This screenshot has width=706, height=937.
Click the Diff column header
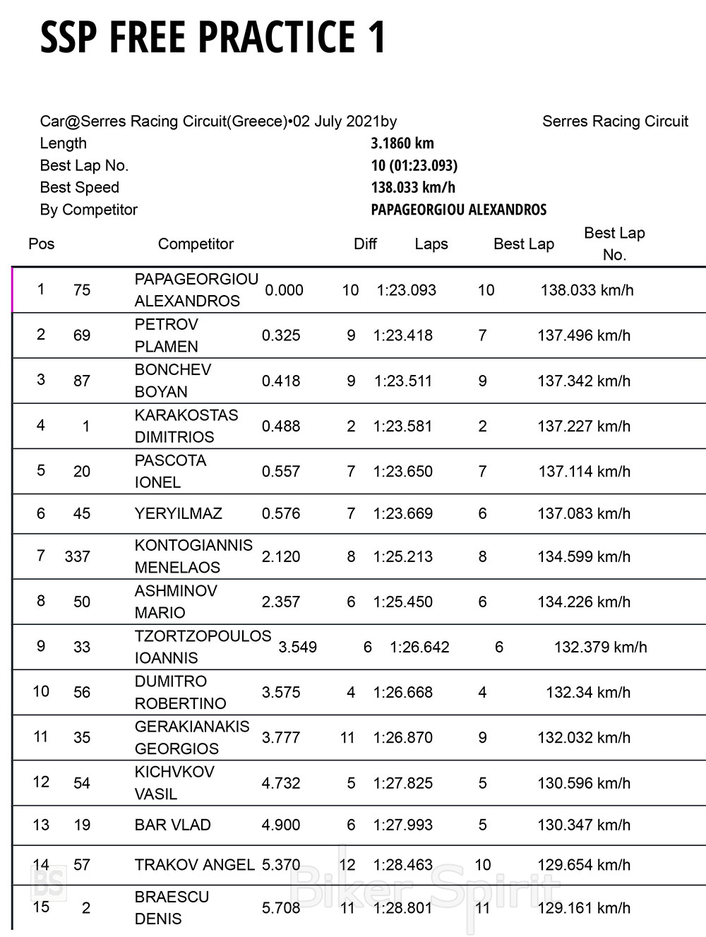pyautogui.click(x=365, y=244)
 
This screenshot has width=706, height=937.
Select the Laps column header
pyautogui.click(x=431, y=244)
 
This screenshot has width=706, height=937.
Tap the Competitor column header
pyautogui.click(x=196, y=244)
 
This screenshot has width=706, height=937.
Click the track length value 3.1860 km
pyautogui.click(x=402, y=143)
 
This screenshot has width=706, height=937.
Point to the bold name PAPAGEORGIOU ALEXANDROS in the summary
pyautogui.click(x=459, y=210)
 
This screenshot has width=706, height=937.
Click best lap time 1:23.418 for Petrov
pyautogui.click(x=403, y=335)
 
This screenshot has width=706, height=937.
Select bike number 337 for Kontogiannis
pyautogui.click(x=78, y=556)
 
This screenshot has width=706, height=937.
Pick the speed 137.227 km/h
pyautogui.click(x=584, y=426)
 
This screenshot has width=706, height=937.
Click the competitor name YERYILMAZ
pyautogui.click(x=179, y=513)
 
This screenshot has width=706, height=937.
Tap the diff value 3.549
pyautogui.click(x=298, y=647)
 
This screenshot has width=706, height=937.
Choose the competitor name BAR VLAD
pyautogui.click(x=173, y=825)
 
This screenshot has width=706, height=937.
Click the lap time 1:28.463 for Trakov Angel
pyautogui.click(x=403, y=865)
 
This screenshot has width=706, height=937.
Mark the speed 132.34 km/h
pyautogui.click(x=588, y=692)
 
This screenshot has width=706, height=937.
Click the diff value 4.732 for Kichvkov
pyautogui.click(x=281, y=783)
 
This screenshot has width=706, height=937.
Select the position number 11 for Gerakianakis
pyautogui.click(x=41, y=737)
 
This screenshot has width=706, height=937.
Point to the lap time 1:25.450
pyautogui.click(x=403, y=602)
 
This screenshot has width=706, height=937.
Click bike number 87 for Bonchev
pyautogui.click(x=82, y=381)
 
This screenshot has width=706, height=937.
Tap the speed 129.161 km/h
pyautogui.click(x=584, y=907)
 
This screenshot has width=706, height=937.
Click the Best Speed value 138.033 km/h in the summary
pyautogui.click(x=413, y=188)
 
